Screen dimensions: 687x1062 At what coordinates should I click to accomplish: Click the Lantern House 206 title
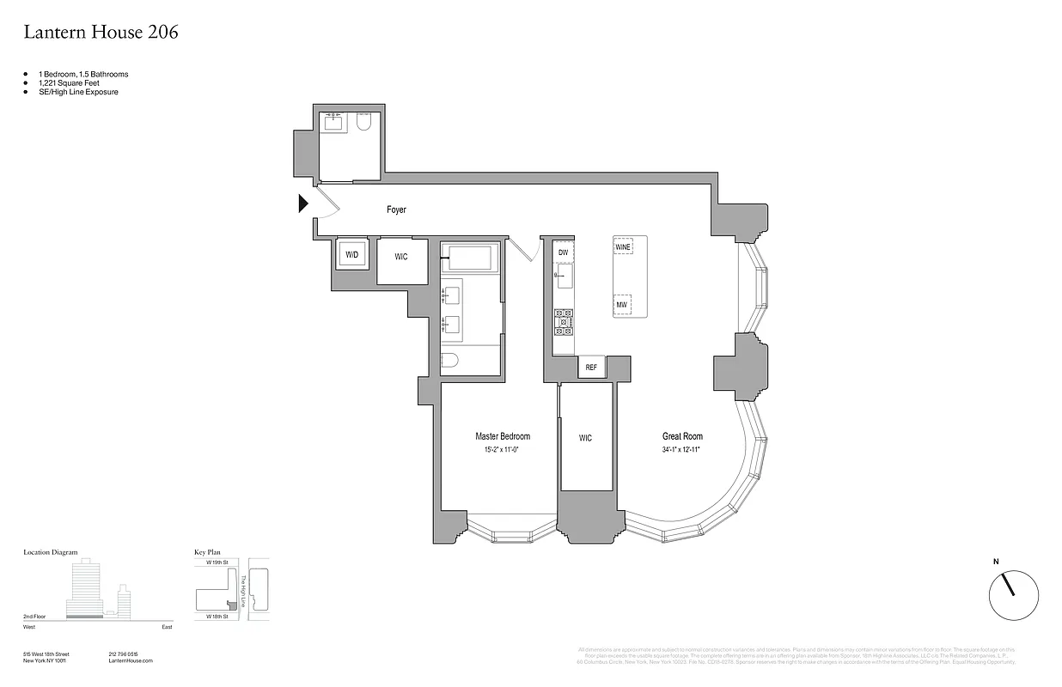[101, 33]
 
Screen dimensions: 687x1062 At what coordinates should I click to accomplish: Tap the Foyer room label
[396, 210]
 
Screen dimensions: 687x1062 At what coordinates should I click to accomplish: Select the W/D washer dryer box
[352, 255]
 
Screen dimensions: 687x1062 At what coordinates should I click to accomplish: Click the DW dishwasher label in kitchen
[564, 252]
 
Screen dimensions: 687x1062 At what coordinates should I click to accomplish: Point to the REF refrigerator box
[591, 368]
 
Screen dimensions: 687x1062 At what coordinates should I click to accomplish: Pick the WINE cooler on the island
[623, 247]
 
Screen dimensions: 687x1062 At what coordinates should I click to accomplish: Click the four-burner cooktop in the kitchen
[564, 321]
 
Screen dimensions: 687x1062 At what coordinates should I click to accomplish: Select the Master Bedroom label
[503, 436]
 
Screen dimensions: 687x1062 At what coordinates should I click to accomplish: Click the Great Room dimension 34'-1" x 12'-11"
[682, 449]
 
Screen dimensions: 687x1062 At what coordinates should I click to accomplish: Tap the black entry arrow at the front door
[302, 204]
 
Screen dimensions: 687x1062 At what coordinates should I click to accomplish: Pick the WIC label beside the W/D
[401, 257]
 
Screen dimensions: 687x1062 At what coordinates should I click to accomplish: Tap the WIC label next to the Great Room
[585, 438]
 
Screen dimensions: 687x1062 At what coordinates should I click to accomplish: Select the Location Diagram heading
[51, 553]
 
